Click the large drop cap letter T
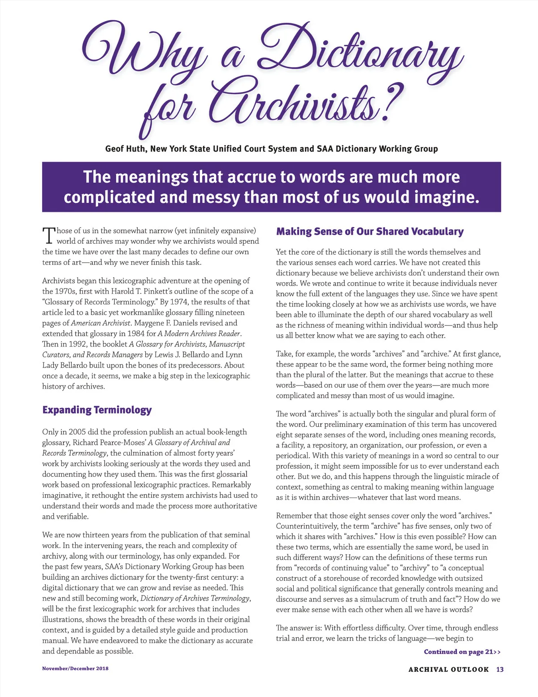click(x=48, y=236)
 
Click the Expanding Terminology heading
click(x=97, y=410)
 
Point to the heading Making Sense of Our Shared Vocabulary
click(x=370, y=232)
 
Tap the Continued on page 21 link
click(x=462, y=652)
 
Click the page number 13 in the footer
click(x=500, y=669)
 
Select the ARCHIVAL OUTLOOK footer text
click(x=448, y=669)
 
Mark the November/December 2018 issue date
click(x=75, y=668)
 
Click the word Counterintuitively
click(x=307, y=526)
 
